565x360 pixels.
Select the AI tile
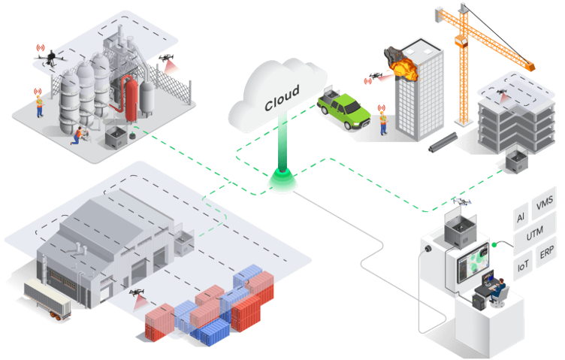521,219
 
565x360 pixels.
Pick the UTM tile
534,236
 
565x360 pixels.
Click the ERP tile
546,251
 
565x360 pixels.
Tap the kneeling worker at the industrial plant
78,135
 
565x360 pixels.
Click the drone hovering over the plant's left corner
50,54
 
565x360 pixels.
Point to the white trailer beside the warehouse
47,297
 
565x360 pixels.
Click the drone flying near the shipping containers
137,293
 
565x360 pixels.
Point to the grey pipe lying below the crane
443,144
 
